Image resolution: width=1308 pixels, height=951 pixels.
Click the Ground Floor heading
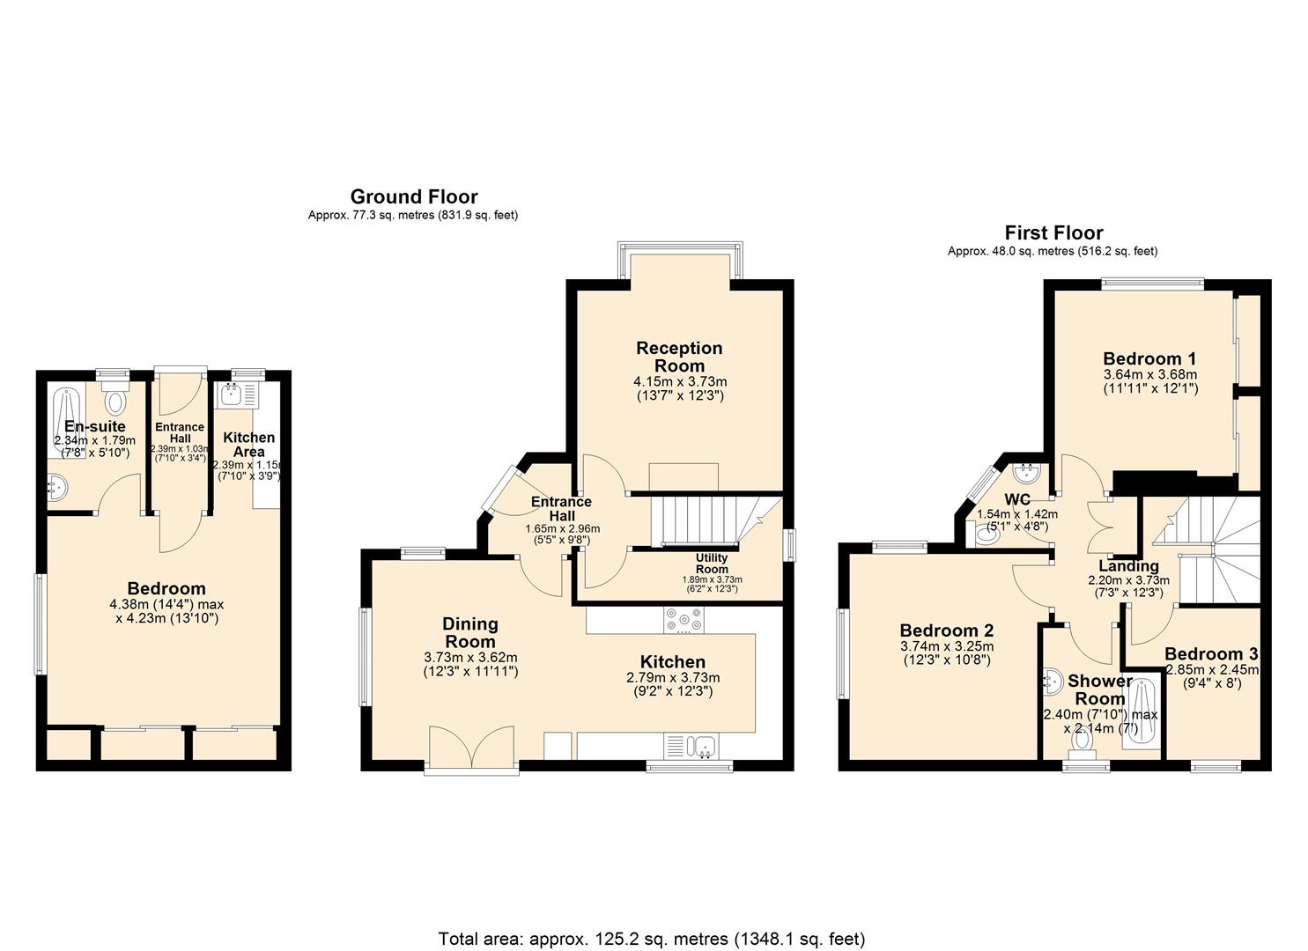414,196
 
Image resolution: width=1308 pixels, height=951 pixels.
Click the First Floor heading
1053,232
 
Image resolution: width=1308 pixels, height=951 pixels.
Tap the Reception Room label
679,357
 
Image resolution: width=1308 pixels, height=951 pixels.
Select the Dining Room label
470,632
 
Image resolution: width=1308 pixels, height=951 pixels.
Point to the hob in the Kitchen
684,623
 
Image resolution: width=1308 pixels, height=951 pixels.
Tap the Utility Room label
712,563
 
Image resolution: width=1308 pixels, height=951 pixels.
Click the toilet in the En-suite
115,402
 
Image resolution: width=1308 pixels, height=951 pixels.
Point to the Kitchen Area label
248,444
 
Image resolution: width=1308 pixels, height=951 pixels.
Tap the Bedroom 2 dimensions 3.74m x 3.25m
947,646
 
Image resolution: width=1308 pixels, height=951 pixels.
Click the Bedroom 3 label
1210,653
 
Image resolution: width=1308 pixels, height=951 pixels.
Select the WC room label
1017,499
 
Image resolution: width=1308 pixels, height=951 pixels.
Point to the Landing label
1128,565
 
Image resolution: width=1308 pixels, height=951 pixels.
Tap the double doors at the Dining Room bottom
471,748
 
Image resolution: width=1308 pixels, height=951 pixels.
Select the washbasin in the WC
1026,475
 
